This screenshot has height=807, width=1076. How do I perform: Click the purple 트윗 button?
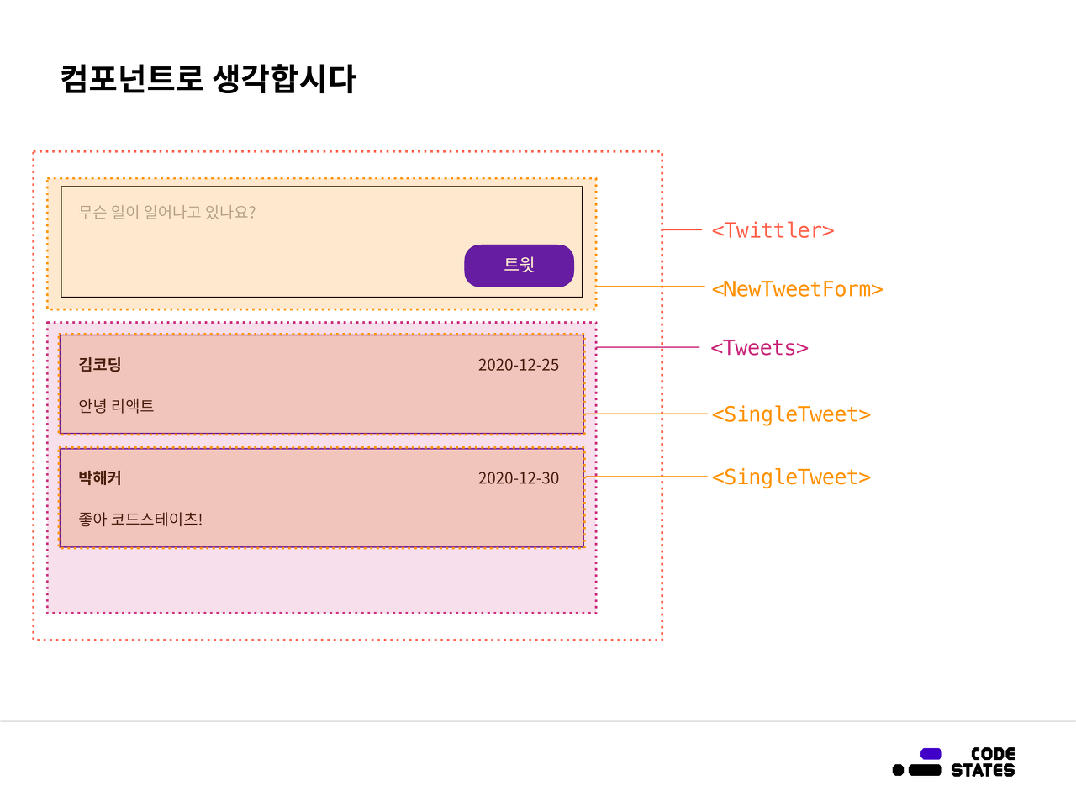pyautogui.click(x=519, y=266)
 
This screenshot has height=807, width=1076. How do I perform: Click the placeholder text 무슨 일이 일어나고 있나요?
pyautogui.click(x=166, y=212)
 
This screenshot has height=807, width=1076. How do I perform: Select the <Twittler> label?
pyautogui.click(x=773, y=230)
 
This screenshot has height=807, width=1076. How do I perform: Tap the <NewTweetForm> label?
pyautogui.click(x=797, y=289)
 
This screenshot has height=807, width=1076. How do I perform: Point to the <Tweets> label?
pyautogui.click(x=759, y=348)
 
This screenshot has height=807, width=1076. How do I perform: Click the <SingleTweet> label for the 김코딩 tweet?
pyautogui.click(x=791, y=414)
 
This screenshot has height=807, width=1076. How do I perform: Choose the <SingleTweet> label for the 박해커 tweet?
pyautogui.click(x=791, y=477)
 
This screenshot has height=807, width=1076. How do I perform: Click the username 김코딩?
pyautogui.click(x=100, y=364)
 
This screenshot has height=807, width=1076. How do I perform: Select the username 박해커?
pyautogui.click(x=100, y=477)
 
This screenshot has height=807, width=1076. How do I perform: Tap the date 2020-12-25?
pyautogui.click(x=518, y=365)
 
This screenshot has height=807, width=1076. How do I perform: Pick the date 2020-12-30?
pyautogui.click(x=518, y=478)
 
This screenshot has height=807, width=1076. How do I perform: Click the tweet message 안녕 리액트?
pyautogui.click(x=116, y=406)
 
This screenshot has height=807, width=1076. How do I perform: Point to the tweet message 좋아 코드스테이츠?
pyautogui.click(x=140, y=520)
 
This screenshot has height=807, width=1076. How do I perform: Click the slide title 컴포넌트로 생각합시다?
pyautogui.click(x=208, y=79)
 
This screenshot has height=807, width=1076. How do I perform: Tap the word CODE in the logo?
pyautogui.click(x=993, y=754)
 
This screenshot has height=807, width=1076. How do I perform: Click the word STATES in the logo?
pyautogui.click(x=983, y=770)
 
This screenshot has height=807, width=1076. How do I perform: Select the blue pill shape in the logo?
pyautogui.click(x=931, y=754)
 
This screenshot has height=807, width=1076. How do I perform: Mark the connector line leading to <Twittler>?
pyautogui.click(x=683, y=229)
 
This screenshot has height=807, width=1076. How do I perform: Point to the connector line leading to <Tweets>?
pyautogui.click(x=647, y=347)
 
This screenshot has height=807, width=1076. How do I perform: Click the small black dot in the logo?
pyautogui.click(x=898, y=770)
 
